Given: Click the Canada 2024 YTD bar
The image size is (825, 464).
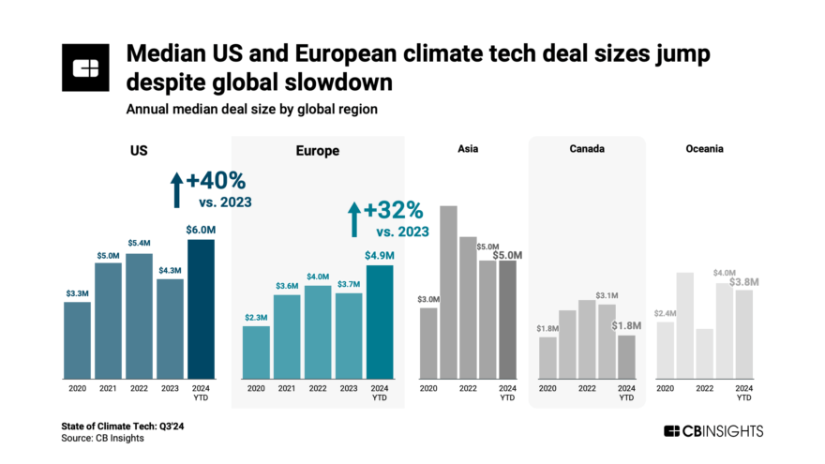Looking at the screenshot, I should pyautogui.click(x=626, y=355).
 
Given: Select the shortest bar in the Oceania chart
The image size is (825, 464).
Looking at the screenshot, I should pyautogui.click(x=705, y=352).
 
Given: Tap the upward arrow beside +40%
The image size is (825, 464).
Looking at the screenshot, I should pyautogui.click(x=175, y=189).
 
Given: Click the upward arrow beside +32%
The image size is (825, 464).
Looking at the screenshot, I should pyautogui.click(x=353, y=219).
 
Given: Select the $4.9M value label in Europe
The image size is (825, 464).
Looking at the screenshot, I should pyautogui.click(x=380, y=255).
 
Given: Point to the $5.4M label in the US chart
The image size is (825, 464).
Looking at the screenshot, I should pyautogui.click(x=139, y=243).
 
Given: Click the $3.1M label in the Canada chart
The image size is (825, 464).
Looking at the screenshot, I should pyautogui.click(x=607, y=295).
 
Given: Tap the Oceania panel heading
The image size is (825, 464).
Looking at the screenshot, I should pyautogui.click(x=704, y=149).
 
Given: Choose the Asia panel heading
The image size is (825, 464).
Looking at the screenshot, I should pyautogui.click(x=468, y=149).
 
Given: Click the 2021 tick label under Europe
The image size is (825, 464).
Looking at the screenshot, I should pyautogui.click(x=287, y=388).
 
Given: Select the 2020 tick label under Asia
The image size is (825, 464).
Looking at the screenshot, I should pyautogui.click(x=428, y=388).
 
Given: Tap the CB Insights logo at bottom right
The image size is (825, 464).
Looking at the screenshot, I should pyautogui.click(x=713, y=431).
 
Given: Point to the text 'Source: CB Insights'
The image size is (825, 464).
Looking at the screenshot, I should pyautogui.click(x=103, y=438).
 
